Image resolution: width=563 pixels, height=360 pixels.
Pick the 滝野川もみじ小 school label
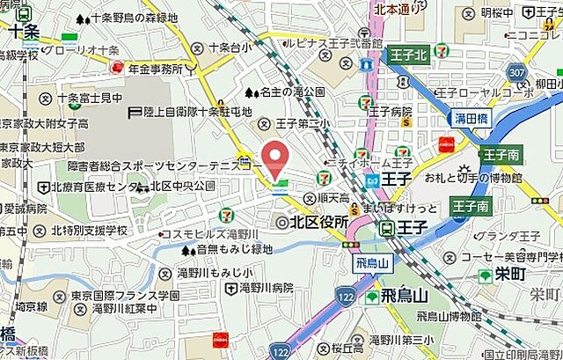(215, 272)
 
